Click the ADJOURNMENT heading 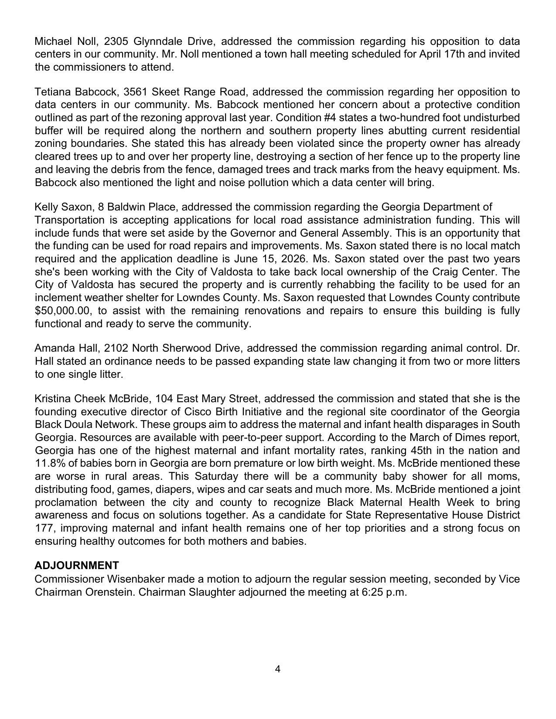pyautogui.click(x=76, y=566)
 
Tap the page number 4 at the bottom pyautogui.click(x=278, y=669)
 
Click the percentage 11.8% pyautogui.click(x=49, y=463)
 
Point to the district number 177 pyautogui.click(x=44, y=528)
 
